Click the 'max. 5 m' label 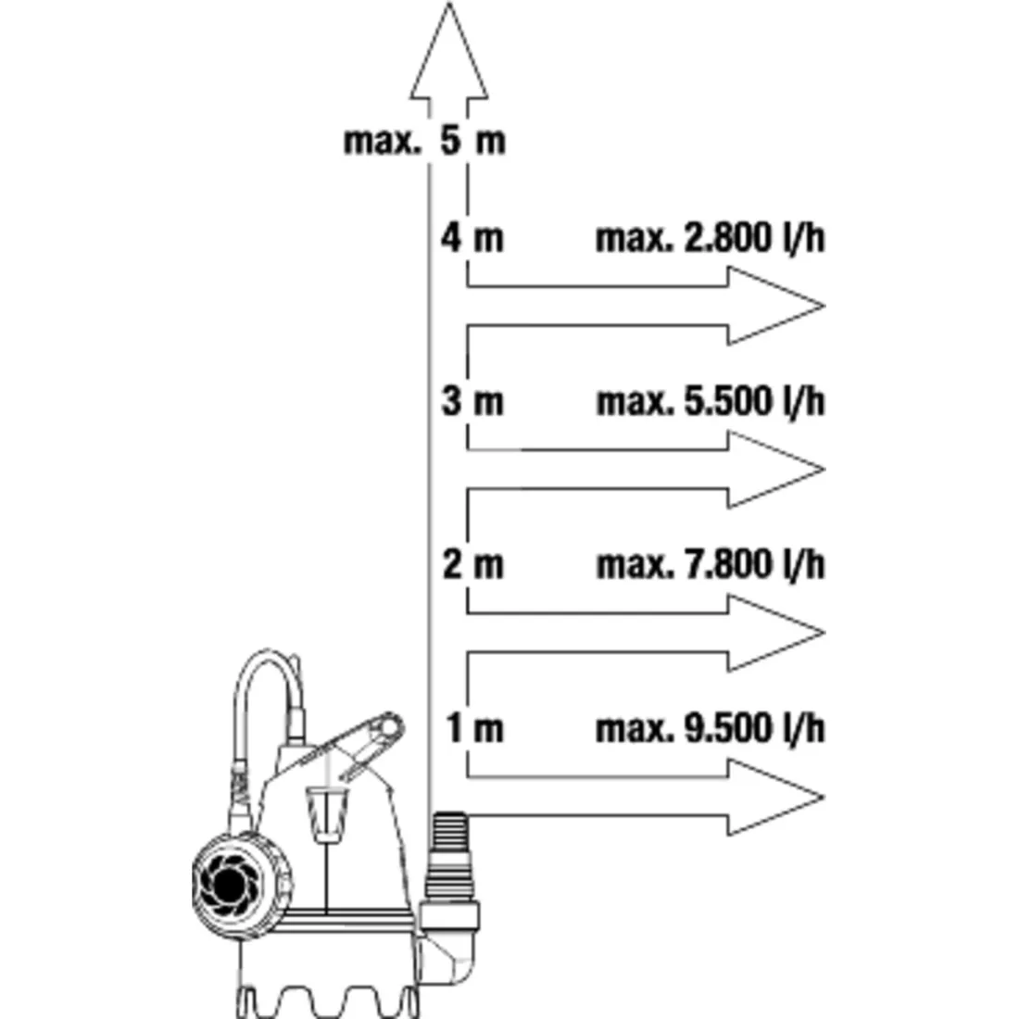(x=424, y=141)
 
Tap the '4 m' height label (x=472, y=237)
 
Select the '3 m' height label (x=472, y=400)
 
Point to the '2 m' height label (x=472, y=563)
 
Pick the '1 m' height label (x=474, y=728)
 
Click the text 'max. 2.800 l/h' (x=711, y=238)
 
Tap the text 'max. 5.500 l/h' (x=711, y=401)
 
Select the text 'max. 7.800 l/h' (x=711, y=564)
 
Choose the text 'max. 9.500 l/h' (x=711, y=728)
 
